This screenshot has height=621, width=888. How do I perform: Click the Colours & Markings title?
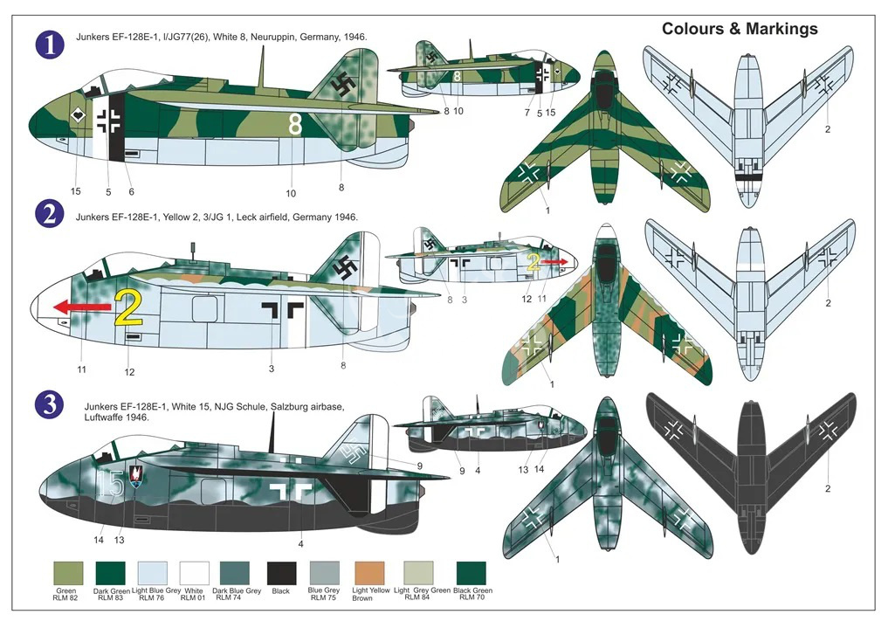click(x=740, y=29)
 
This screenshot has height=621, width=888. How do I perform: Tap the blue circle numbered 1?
click(x=51, y=45)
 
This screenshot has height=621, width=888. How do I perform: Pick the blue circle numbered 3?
click(x=50, y=404)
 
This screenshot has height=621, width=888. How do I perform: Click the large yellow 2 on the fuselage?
click(x=128, y=307)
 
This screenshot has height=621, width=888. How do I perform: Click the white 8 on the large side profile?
click(x=295, y=124)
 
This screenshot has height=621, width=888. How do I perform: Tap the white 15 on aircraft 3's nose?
click(x=110, y=483)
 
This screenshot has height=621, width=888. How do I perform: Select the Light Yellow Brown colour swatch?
click(x=369, y=573)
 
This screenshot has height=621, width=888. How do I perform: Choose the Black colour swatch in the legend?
click(x=281, y=573)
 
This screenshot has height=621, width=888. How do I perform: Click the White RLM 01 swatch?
click(x=194, y=573)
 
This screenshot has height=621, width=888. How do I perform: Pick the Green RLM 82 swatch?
click(x=68, y=573)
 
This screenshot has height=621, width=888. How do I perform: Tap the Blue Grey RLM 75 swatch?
click(x=325, y=573)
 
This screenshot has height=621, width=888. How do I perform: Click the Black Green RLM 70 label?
click(x=473, y=594)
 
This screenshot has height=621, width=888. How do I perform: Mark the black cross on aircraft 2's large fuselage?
click(x=283, y=309)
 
